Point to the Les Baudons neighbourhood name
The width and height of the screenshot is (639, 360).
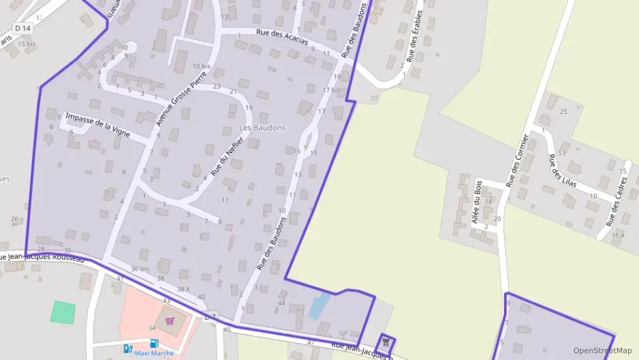coord(262,128)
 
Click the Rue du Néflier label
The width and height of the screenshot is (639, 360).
coord(227,158)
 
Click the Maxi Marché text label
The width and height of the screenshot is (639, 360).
coord(154,353)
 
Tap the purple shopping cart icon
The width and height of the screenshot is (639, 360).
coord(169,320)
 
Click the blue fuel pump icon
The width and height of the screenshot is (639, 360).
coord(154,344)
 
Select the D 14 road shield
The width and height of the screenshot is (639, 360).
coord(23,28)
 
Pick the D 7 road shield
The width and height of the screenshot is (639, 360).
coord(210,316)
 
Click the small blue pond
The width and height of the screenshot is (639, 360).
coord(319,305)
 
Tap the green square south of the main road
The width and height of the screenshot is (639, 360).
coord(63,311)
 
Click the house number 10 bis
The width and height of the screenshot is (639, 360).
coord(201,66)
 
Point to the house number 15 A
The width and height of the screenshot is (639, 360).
coord(617,236)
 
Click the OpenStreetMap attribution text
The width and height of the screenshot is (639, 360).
coord(603,350)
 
